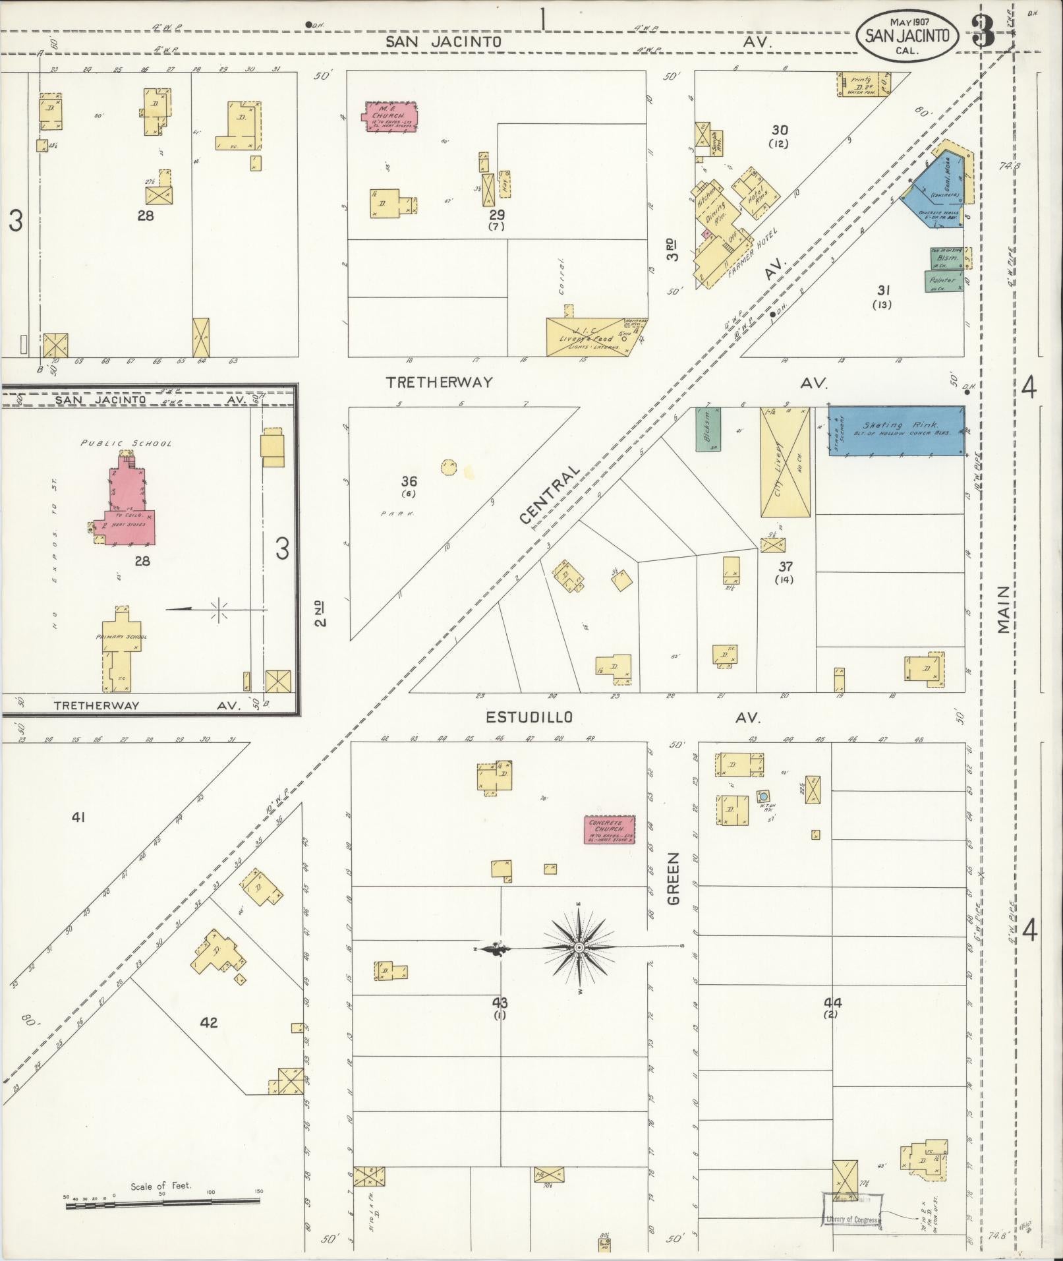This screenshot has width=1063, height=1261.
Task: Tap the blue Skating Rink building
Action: pyautogui.click(x=896, y=430)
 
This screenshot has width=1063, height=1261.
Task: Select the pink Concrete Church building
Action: pyautogui.click(x=610, y=829)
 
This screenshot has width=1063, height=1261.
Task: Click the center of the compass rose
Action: pyautogui.click(x=579, y=947)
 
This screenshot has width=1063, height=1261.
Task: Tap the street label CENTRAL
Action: pyautogui.click(x=550, y=495)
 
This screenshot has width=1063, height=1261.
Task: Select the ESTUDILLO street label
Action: pyautogui.click(x=529, y=717)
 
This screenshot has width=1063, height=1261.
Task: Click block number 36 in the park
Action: pyautogui.click(x=409, y=482)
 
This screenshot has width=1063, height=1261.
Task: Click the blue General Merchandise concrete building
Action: pyautogui.click(x=936, y=191)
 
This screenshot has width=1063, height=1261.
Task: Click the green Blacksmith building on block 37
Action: pyautogui.click(x=708, y=429)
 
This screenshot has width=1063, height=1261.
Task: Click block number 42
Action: pyautogui.click(x=209, y=1022)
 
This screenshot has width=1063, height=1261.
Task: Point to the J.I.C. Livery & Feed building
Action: pyautogui.click(x=587, y=337)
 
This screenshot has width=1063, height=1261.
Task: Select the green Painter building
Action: pyautogui.click(x=942, y=281)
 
